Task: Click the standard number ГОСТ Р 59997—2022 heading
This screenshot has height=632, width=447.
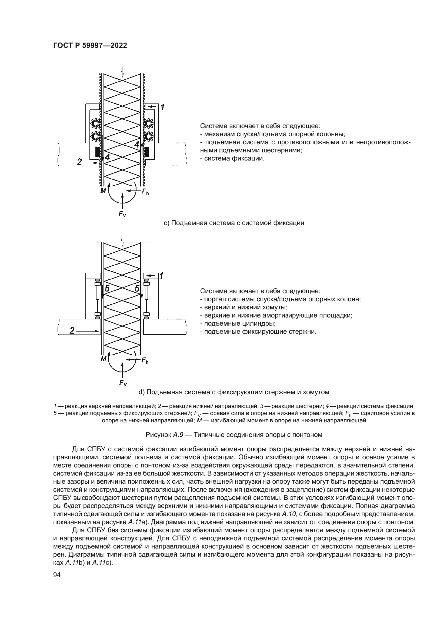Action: (x=90, y=46)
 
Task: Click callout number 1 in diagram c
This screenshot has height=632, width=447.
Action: (x=162, y=107)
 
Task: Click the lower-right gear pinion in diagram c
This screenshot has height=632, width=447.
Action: (x=149, y=135)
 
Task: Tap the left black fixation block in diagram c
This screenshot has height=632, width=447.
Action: (x=97, y=152)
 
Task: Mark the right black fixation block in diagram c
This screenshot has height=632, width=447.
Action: (x=147, y=151)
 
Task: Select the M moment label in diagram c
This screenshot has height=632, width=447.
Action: (x=103, y=190)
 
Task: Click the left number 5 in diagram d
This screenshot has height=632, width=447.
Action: (x=107, y=289)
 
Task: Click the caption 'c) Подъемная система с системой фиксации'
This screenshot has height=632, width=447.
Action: (x=234, y=223)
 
